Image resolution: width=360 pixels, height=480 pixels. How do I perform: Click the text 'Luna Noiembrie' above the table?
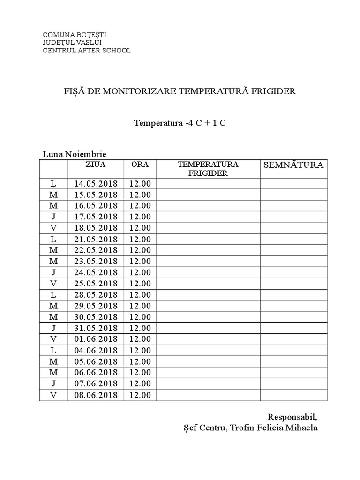(x=74, y=154)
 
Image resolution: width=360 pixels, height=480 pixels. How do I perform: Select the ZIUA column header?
(x=96, y=165)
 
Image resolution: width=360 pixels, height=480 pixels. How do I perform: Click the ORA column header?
(x=140, y=165)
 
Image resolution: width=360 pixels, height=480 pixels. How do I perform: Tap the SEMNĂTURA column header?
(x=293, y=165)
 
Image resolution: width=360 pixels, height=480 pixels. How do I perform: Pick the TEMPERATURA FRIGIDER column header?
(x=208, y=169)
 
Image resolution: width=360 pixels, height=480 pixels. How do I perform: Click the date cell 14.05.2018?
(x=96, y=183)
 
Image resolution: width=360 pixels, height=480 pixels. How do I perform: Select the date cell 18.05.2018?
(x=96, y=228)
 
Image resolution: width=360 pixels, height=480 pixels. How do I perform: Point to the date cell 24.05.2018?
(x=96, y=272)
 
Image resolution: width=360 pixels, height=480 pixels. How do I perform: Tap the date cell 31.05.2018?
(x=96, y=328)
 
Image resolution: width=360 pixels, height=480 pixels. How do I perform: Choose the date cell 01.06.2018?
(x=96, y=339)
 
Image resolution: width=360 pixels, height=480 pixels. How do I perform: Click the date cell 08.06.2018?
(x=96, y=395)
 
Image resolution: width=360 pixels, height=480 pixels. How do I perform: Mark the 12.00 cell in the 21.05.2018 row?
(x=140, y=239)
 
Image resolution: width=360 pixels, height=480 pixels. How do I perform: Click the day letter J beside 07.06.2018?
(x=53, y=384)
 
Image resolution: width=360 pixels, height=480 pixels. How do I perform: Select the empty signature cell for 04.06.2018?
(x=293, y=351)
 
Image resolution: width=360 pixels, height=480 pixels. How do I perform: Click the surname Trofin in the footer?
(x=240, y=428)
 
